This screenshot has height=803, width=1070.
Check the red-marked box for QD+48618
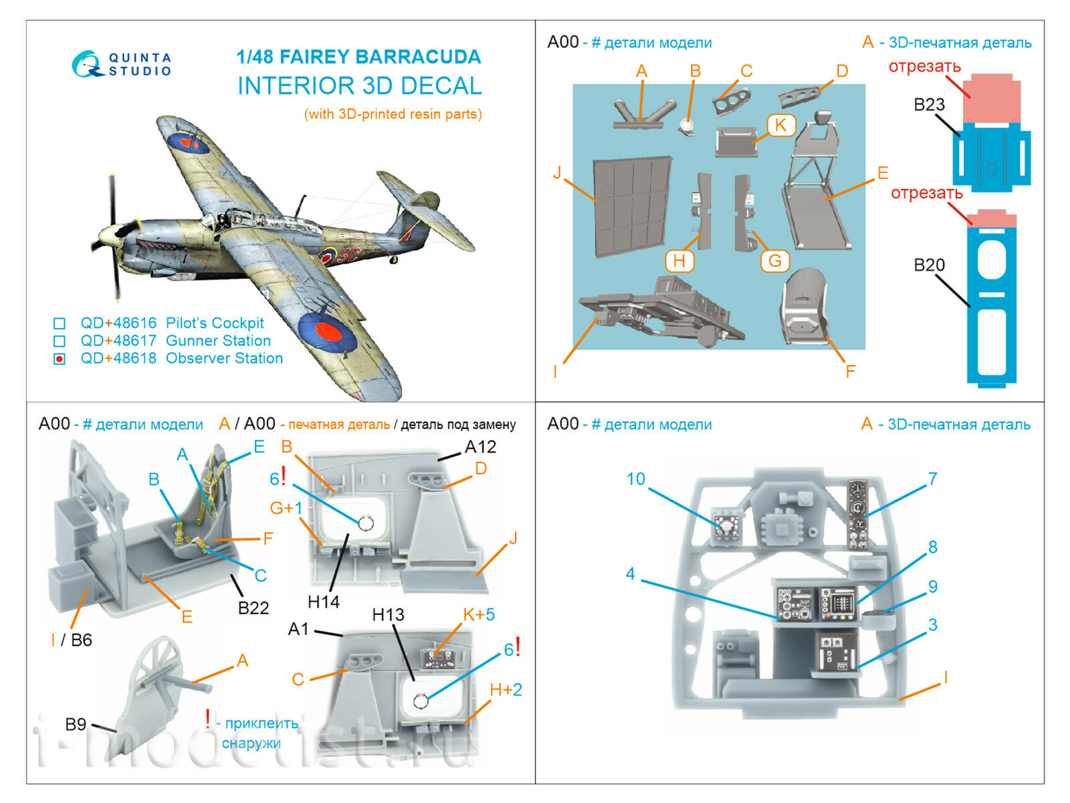(60, 359)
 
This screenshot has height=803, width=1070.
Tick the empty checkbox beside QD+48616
(60, 324)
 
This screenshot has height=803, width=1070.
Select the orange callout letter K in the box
(780, 125)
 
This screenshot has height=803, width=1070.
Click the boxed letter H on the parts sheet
(679, 260)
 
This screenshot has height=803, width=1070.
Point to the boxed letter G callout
(774, 260)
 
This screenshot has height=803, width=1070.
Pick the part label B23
(929, 105)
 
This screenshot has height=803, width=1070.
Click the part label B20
(929, 266)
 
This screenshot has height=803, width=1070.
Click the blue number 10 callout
(635, 479)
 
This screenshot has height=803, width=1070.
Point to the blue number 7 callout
(932, 479)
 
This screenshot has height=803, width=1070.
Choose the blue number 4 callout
(630, 574)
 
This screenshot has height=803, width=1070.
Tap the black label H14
(324, 602)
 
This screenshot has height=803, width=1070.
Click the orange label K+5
(479, 614)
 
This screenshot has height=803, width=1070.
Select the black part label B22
(253, 608)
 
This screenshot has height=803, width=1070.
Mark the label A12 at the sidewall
(480, 447)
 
